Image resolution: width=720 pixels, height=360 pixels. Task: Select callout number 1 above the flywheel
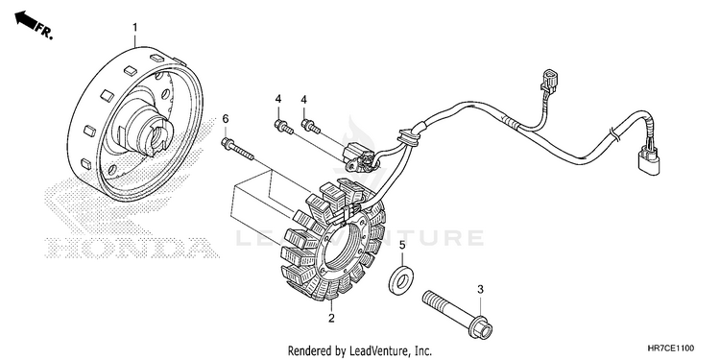pyautogui.click(x=135, y=28)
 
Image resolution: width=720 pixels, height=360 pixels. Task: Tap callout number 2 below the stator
pyautogui.click(x=331, y=318)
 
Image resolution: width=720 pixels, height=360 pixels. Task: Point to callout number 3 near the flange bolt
pyautogui.click(x=480, y=289)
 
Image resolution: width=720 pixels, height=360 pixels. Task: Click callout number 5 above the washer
pyautogui.click(x=402, y=245)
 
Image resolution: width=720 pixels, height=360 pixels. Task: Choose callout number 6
pyautogui.click(x=225, y=119)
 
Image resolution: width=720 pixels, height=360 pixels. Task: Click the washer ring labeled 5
pyautogui.click(x=401, y=279)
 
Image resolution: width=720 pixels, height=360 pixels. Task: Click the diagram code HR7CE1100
pyautogui.click(x=671, y=348)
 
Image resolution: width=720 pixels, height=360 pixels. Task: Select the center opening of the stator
pyautogui.click(x=346, y=250)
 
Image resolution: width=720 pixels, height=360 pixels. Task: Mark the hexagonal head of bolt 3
pyautogui.click(x=481, y=327)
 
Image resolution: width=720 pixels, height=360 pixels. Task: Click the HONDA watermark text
pyautogui.click(x=132, y=249)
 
